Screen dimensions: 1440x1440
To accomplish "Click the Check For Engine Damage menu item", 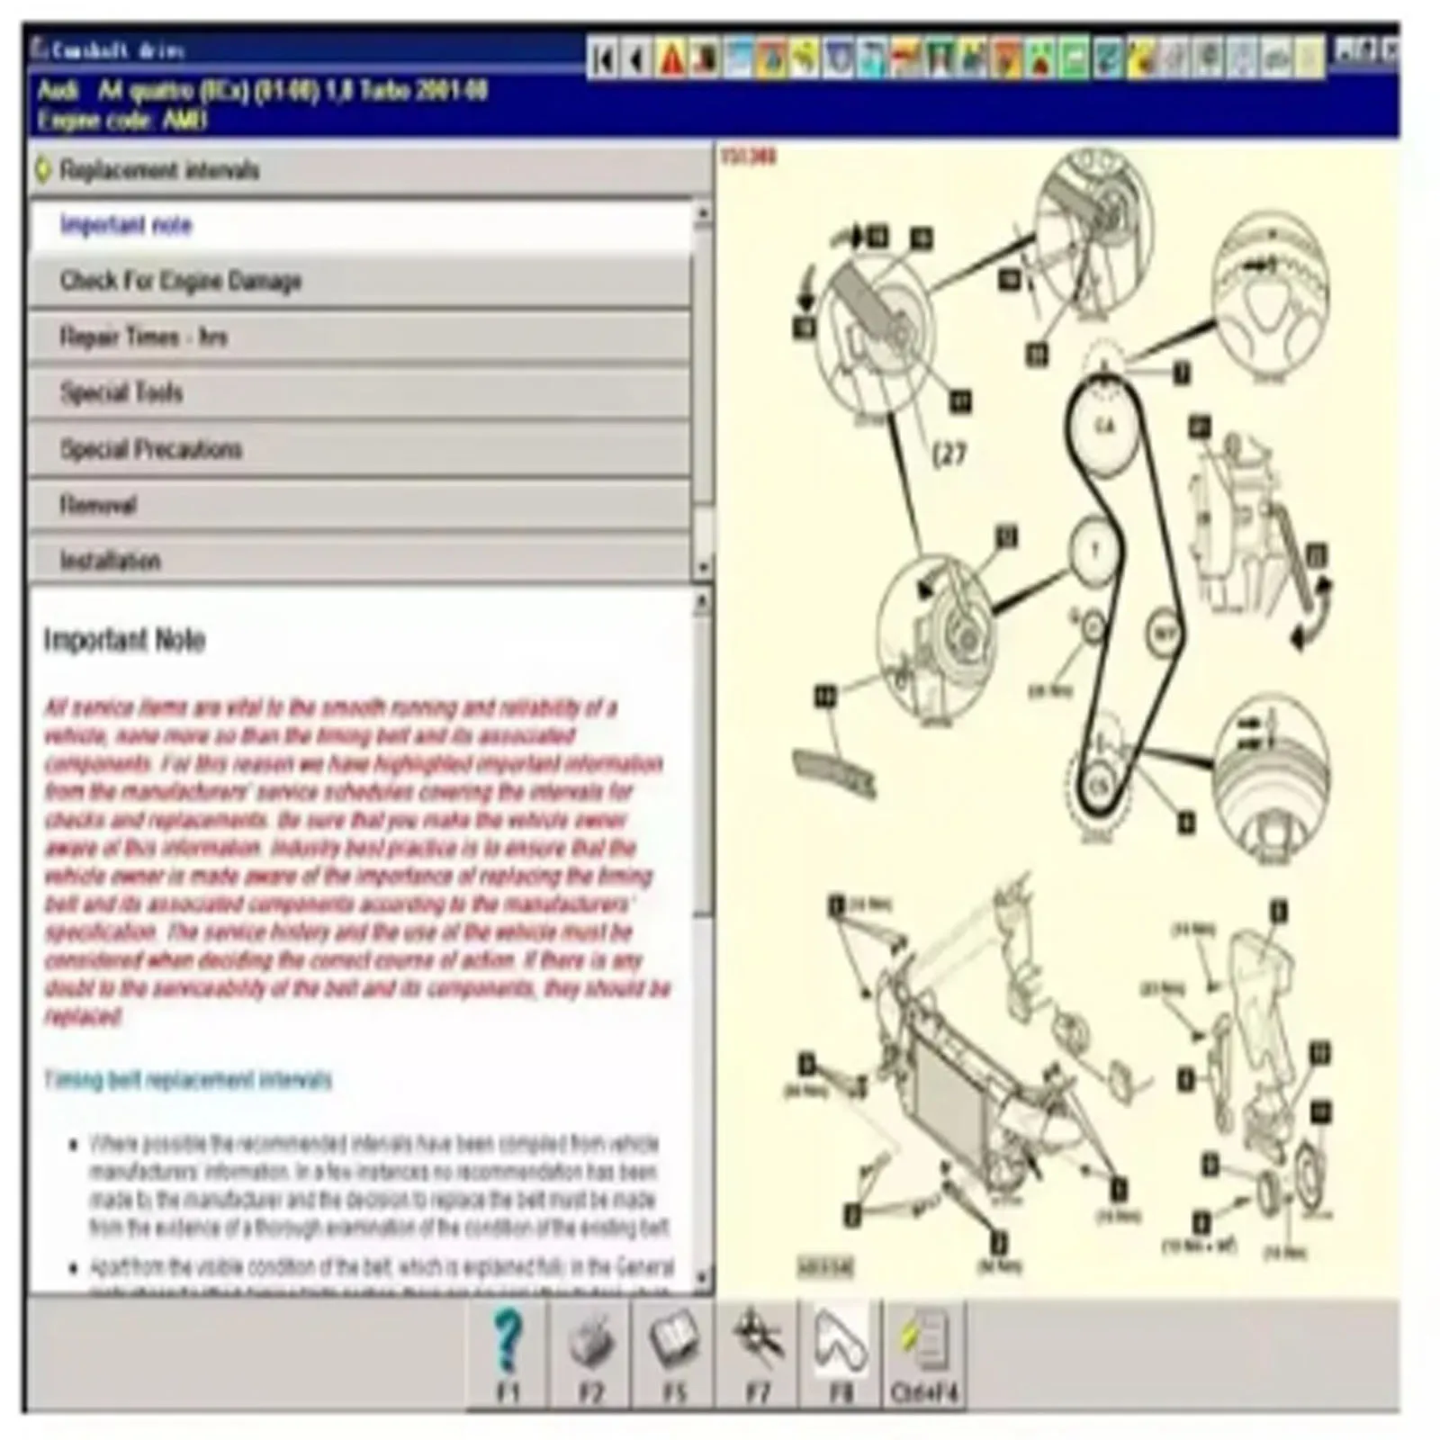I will click(360, 282).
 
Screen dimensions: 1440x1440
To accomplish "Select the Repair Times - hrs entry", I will click(360, 337).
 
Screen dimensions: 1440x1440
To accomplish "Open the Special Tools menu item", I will click(360, 393).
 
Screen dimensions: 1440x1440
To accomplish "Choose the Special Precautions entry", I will click(360, 449).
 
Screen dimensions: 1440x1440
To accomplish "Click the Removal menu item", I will click(360, 505).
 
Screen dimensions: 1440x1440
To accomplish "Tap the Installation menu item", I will click(360, 561).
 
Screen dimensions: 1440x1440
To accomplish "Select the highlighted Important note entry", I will click(360, 225).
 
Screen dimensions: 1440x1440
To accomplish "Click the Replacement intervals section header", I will click(360, 170).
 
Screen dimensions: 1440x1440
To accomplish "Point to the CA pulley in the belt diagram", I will click(1104, 425).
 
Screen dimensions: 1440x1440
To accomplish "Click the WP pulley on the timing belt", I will click(1164, 634).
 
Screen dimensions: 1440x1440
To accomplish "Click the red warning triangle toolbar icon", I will click(671, 59).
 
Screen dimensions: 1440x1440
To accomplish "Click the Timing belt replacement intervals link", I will click(188, 1079).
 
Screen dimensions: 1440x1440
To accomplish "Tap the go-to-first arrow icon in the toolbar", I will click(604, 59).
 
